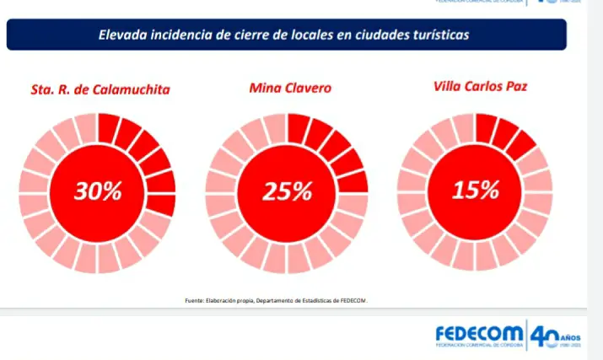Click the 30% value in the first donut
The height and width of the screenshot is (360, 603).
[98, 191]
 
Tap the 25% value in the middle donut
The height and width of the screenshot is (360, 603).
[287, 192]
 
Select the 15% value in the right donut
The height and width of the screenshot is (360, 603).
[476, 190]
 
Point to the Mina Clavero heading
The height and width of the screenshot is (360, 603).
[290, 87]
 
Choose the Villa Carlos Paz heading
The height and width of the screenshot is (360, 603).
[477, 86]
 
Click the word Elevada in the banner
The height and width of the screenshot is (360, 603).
[123, 35]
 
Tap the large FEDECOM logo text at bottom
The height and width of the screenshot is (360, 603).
[478, 334]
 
